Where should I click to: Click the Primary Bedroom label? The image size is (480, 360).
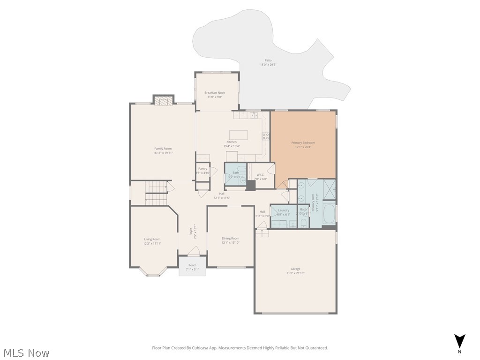tap(303, 142)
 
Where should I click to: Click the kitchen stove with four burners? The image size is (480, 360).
tap(266, 136)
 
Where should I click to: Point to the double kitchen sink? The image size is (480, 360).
tap(254, 114)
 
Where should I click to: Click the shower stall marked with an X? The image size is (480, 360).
tap(329, 190)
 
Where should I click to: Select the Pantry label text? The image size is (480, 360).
tap(202, 168)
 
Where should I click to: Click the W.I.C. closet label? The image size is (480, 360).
tap(261, 175)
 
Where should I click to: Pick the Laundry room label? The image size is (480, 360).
tap(284, 210)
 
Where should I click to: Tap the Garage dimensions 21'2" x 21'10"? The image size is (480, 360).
tap(295, 272)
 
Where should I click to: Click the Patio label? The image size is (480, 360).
tap(268, 60)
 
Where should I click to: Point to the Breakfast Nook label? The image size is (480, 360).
tap(215, 93)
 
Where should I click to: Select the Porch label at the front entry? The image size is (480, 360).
tap(192, 265)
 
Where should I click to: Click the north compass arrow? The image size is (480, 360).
tap(460, 341)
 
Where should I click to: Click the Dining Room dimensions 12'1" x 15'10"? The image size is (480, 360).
tap(231, 242)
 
